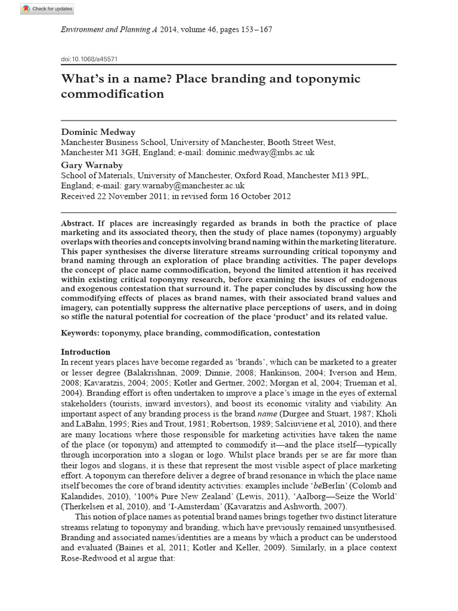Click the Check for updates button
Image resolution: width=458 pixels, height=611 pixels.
(x=47, y=9)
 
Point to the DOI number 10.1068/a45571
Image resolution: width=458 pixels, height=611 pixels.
(x=90, y=59)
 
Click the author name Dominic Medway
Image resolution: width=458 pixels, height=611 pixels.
(x=97, y=131)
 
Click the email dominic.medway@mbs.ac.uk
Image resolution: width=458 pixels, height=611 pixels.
(x=260, y=153)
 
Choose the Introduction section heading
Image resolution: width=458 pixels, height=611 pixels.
(x=85, y=352)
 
